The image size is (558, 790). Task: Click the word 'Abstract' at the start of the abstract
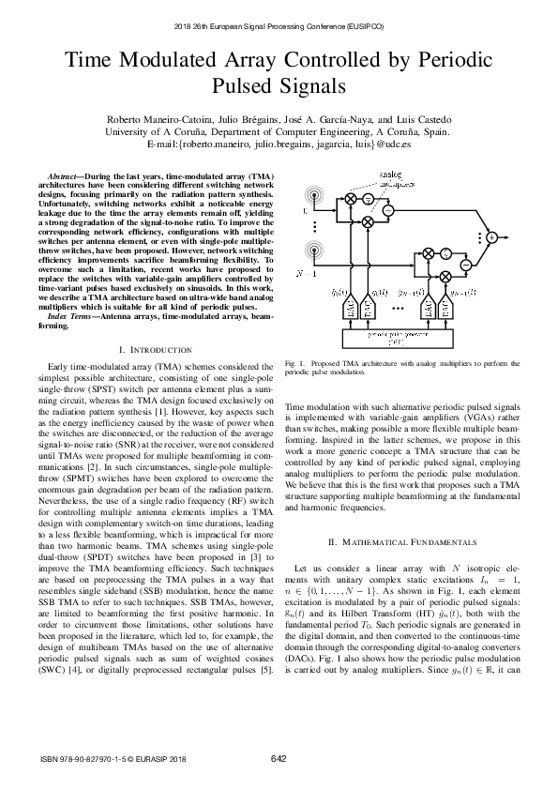click(67, 177)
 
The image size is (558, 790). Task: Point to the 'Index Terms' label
click(71, 317)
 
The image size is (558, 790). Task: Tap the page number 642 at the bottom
click(279, 757)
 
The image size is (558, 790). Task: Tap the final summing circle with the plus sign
click(491, 237)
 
